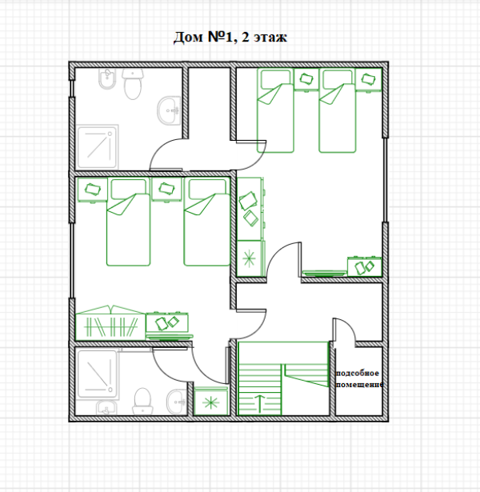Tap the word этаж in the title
pos(270,38)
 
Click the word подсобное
pos(358,374)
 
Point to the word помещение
pos(359,384)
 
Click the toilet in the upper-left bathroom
pos(133,84)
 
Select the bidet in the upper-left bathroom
pos(107,78)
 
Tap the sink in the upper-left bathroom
pos(169,110)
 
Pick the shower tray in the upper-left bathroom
pos(97,146)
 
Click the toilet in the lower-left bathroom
pos(142,401)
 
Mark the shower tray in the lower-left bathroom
pos(97,374)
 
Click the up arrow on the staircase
pos(260,403)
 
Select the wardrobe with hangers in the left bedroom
pos(110,322)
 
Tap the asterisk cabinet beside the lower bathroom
pos(211,402)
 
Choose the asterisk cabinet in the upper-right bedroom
pos(250,258)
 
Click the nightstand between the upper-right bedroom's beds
pos(306,79)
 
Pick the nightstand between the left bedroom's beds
pos(166,190)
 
